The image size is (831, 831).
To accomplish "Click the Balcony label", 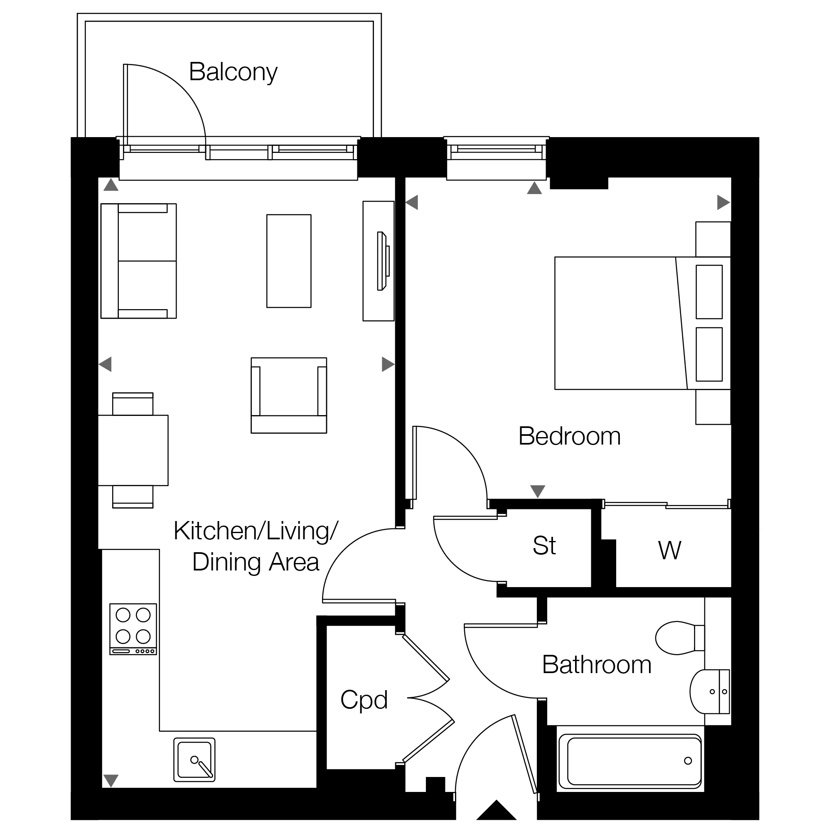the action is click(x=233, y=72).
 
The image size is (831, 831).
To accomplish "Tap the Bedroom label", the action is click(x=570, y=436).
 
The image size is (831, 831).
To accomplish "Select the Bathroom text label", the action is click(x=597, y=664).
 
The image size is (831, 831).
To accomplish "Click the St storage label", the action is click(x=544, y=546).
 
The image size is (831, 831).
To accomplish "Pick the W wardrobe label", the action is click(x=670, y=550).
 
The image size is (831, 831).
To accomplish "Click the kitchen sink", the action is click(x=194, y=760).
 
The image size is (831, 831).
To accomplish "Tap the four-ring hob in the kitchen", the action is click(x=133, y=629).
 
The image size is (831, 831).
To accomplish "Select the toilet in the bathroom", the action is click(x=680, y=637).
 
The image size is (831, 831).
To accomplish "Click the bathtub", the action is click(x=630, y=761).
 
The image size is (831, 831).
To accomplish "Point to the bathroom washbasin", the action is click(x=710, y=692).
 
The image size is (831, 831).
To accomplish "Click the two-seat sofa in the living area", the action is click(x=138, y=261).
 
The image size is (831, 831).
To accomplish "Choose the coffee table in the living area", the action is click(x=289, y=261).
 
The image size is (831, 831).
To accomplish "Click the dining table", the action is click(x=133, y=450).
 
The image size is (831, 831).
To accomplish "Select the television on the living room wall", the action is click(x=383, y=261).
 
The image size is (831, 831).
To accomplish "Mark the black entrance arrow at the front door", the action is click(x=497, y=810).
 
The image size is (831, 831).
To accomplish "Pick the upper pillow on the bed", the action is click(x=709, y=292).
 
